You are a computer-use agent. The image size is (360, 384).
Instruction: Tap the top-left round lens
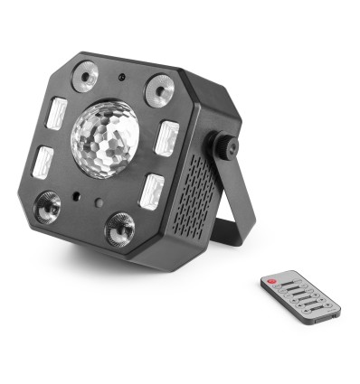[x=87, y=76]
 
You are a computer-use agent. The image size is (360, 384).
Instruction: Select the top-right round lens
[x=159, y=88]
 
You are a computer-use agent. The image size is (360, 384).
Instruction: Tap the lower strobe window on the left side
[x=43, y=164]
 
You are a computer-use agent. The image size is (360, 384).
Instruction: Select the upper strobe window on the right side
[x=166, y=137]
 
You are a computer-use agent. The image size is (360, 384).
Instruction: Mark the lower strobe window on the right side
[x=151, y=191]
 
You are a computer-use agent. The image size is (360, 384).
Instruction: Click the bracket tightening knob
[x=223, y=147]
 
